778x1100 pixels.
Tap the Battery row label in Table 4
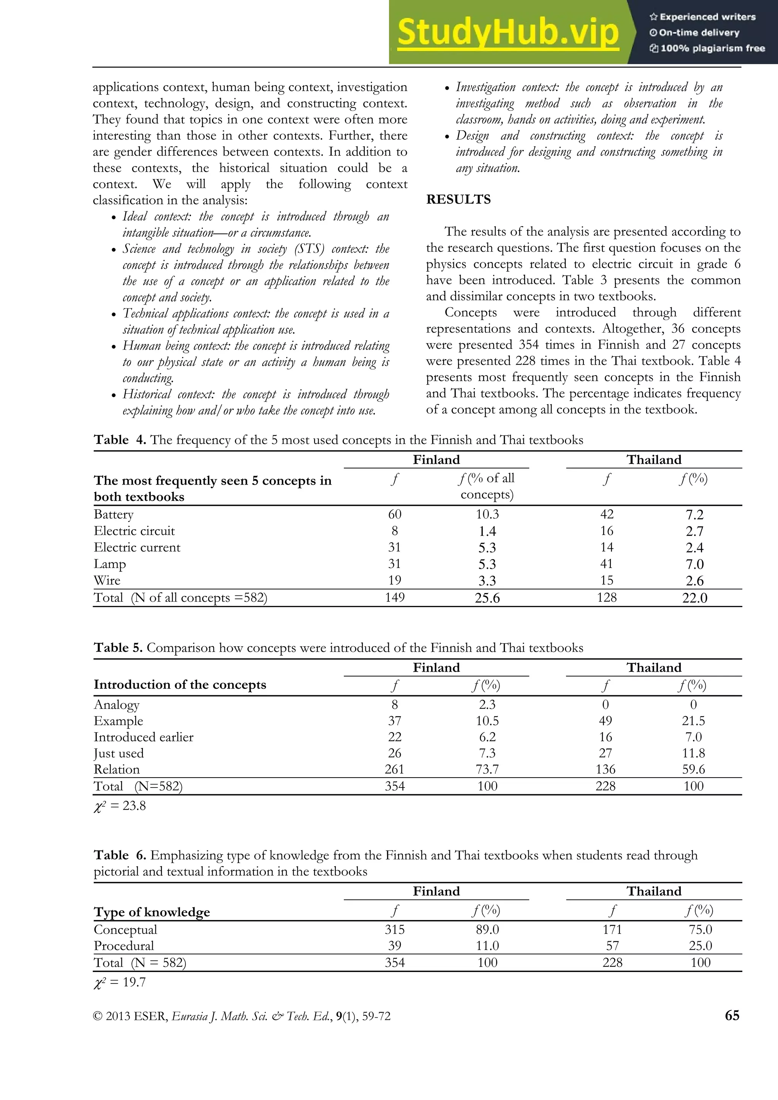[114, 514]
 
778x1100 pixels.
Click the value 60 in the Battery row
[395, 514]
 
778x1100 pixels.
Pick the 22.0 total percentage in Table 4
[694, 598]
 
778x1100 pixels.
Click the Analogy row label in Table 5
[117, 705]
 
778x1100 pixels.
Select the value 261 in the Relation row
[395, 769]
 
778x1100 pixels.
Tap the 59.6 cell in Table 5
[693, 769]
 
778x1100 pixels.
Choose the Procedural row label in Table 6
[124, 946]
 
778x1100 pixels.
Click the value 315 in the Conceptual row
[395, 930]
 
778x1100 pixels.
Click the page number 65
[732, 1015]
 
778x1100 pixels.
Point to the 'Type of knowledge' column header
[152, 912]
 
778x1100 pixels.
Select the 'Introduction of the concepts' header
[180, 685]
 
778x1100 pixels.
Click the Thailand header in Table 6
[654, 891]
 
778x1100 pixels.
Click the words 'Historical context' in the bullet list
[161, 394]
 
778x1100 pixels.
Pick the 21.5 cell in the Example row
[693, 721]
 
